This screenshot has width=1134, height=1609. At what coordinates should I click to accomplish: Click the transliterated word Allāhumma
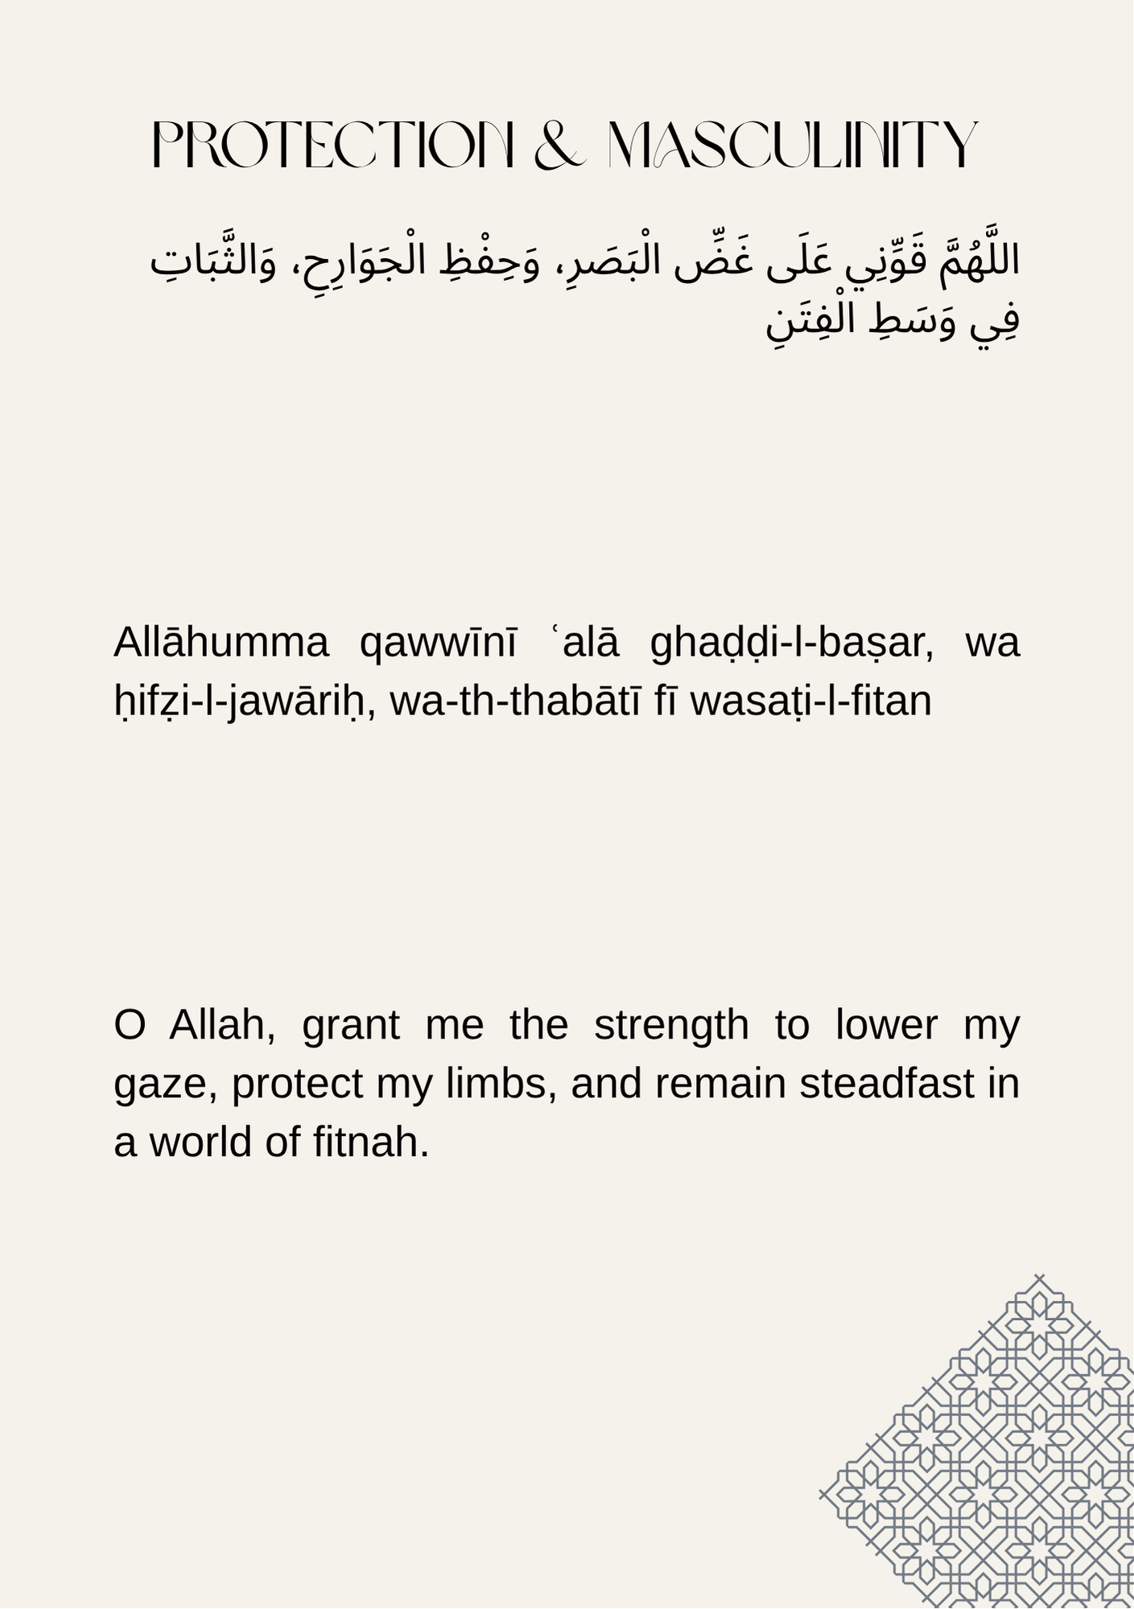[221, 643]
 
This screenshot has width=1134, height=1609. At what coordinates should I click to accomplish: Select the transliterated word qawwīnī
[439, 643]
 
